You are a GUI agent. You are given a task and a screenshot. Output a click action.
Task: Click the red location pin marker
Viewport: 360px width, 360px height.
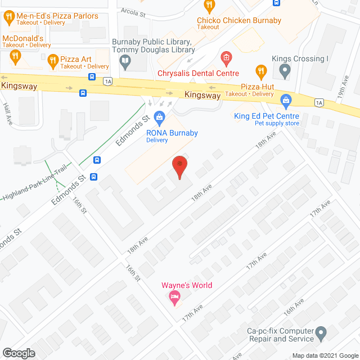click(x=179, y=165)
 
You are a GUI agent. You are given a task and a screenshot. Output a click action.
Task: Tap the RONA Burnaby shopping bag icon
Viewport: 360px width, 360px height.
click(x=159, y=117)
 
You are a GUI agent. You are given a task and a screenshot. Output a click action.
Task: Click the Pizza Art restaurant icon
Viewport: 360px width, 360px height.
click(x=53, y=58)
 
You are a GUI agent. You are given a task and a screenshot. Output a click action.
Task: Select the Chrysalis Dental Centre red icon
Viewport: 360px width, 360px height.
click(x=226, y=57)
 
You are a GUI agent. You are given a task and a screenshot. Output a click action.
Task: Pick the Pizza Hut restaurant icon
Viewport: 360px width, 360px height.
click(x=260, y=71)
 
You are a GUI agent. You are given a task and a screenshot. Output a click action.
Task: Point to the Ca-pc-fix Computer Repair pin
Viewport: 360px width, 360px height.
click(x=321, y=333)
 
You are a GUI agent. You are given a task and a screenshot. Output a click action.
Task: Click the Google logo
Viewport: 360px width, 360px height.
click(x=19, y=353)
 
